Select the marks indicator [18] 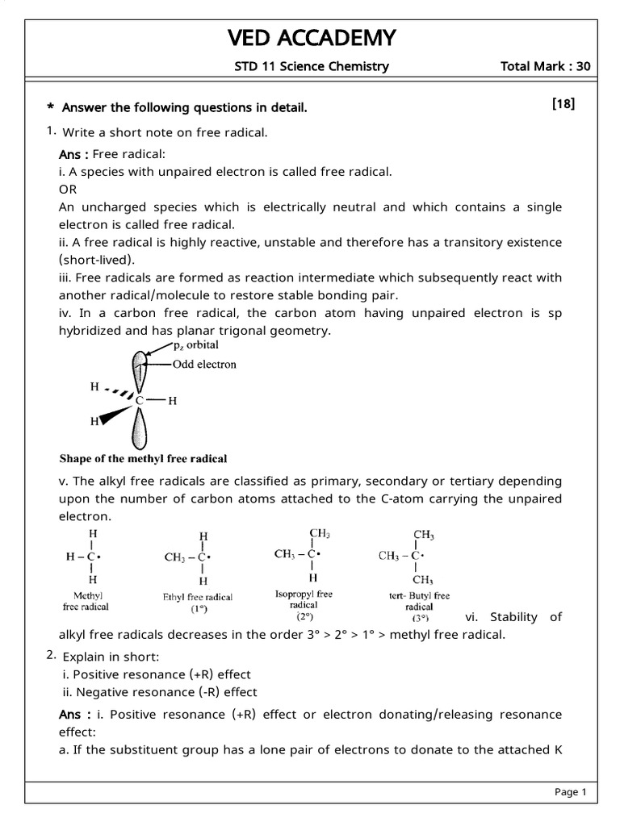coord(563,104)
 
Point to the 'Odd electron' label coord(204,364)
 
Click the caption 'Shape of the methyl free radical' coord(144,458)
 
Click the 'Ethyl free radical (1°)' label coord(198,603)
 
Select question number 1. coord(50,131)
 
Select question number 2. coord(50,656)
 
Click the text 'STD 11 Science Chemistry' coord(311,66)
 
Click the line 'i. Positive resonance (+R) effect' coord(157,674)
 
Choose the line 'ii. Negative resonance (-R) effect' coord(160,692)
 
